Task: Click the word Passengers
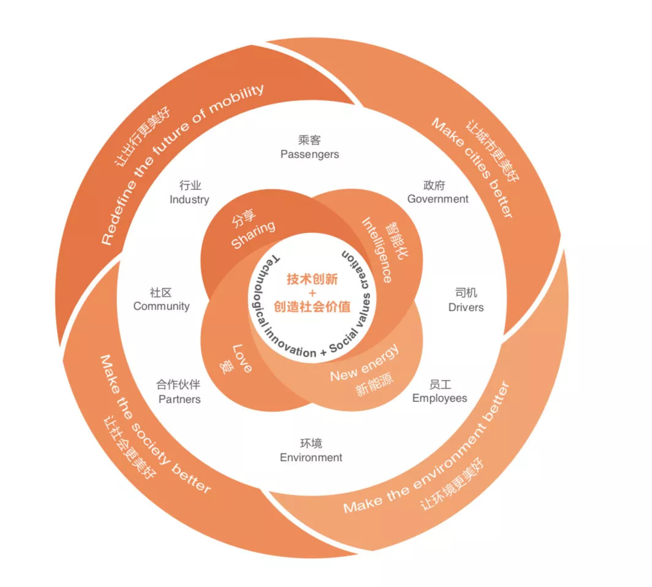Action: point(310,154)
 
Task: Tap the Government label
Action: point(438,199)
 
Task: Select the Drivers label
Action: point(466,307)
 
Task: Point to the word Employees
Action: point(439,398)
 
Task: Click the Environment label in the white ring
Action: point(311,457)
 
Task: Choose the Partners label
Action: point(180,399)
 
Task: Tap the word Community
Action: point(161,306)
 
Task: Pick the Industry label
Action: point(189,200)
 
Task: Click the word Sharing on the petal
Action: point(253,235)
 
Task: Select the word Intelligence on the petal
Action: point(377,250)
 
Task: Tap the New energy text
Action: point(365,363)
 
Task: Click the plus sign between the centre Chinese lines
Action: point(313,293)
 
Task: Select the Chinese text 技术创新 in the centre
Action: point(313,279)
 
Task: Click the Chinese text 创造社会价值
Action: point(313,306)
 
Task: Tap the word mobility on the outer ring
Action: point(237,99)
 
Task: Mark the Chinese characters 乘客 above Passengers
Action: point(309,140)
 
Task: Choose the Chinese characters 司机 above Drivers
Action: point(466,293)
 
